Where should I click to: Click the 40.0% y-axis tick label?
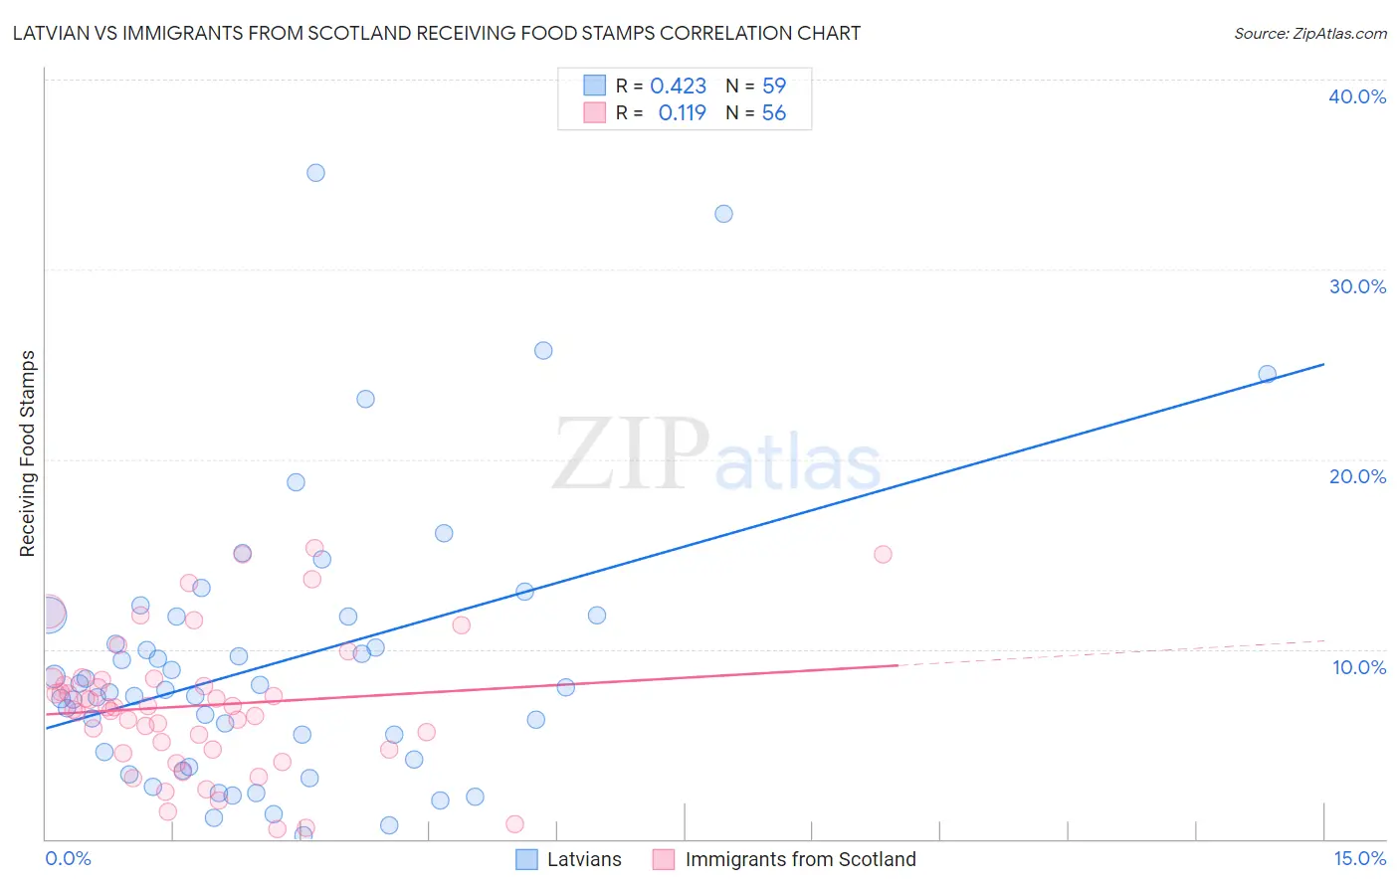(1357, 96)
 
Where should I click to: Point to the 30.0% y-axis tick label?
(1357, 286)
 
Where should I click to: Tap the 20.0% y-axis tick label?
(1357, 476)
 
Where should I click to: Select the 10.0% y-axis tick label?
(1359, 667)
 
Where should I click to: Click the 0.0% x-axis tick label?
(68, 859)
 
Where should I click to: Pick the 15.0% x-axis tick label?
(1359, 859)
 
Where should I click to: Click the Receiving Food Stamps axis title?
(27, 453)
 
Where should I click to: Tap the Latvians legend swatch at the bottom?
(526, 859)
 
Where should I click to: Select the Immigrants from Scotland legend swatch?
(664, 859)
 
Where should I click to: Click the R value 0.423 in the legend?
(678, 87)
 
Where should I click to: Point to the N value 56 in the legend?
(773, 113)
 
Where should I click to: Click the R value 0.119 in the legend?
(682, 113)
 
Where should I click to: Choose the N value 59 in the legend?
(773, 87)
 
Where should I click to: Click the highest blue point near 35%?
(315, 173)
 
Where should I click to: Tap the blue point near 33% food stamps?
(723, 214)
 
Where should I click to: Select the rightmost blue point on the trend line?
(1267, 374)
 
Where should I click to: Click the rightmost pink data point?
(883, 555)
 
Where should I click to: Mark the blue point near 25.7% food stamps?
(543, 350)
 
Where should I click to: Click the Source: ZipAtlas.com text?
(1309, 34)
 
